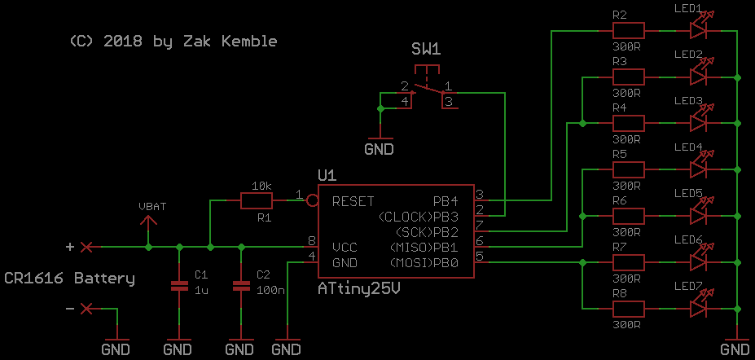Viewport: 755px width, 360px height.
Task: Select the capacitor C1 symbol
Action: [x=178, y=286]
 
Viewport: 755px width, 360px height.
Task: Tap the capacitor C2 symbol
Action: [x=240, y=286]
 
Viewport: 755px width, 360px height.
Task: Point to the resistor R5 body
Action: [x=628, y=169]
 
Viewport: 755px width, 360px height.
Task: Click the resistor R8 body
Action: [x=628, y=309]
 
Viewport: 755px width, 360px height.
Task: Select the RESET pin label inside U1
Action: [x=353, y=200]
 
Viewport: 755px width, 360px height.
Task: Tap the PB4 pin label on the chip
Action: [x=446, y=200]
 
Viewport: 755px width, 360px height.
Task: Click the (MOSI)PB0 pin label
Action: [x=424, y=262]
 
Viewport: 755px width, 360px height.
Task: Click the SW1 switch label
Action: [x=426, y=50]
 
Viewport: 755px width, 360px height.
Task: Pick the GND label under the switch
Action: [x=379, y=149]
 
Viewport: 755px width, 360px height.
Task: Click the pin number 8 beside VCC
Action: [x=311, y=241]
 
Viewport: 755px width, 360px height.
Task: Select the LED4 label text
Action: [x=688, y=147]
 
